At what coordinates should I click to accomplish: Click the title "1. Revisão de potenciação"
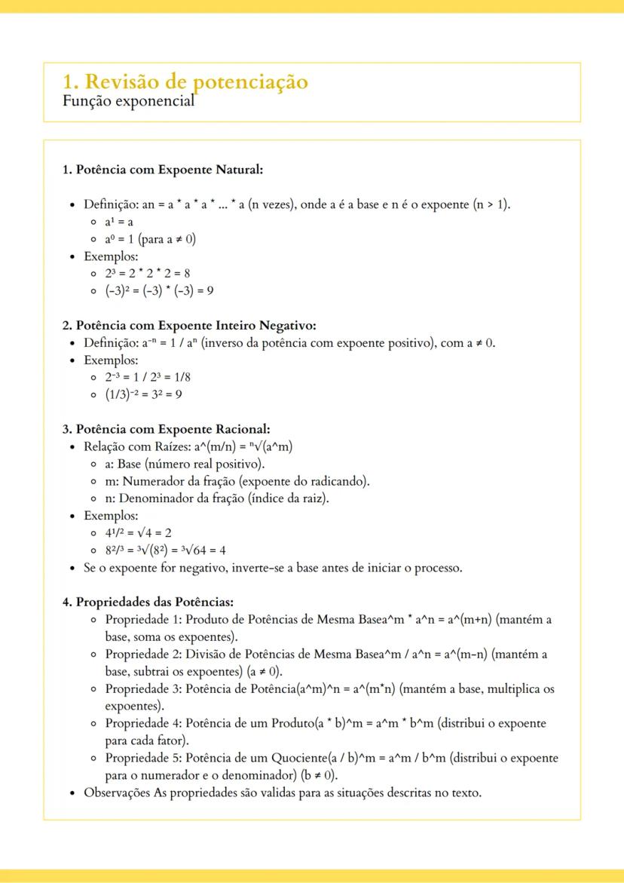pos(185,81)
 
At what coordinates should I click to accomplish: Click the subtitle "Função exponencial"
pos(128,100)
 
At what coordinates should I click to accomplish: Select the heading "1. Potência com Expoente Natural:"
pos(162,170)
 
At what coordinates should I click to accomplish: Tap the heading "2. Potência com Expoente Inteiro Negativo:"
pos(188,326)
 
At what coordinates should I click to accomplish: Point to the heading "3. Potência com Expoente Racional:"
pos(166,429)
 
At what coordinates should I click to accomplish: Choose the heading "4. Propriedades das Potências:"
pos(148,602)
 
